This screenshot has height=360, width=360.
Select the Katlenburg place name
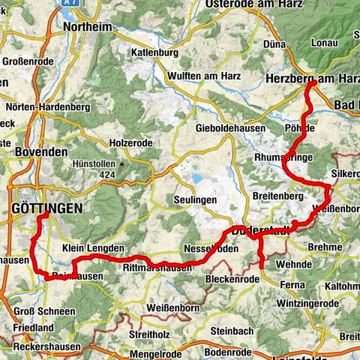[x=154, y=53]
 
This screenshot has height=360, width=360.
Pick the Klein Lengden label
[x=93, y=248]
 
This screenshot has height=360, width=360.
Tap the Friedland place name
[x=33, y=328]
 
